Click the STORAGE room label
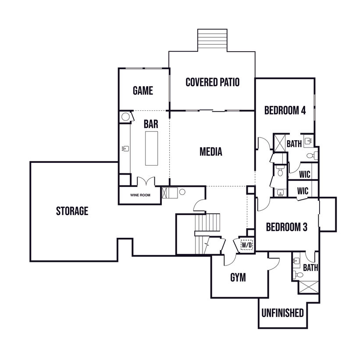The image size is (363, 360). click(72, 211)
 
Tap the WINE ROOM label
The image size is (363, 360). click(140, 195)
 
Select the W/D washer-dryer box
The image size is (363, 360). click(246, 245)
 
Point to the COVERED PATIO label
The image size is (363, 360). click(213, 82)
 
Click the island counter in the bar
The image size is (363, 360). click(151, 148)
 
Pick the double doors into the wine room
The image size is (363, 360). click(146, 181)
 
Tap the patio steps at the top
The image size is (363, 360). click(212, 40)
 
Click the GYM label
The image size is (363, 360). click(238, 278)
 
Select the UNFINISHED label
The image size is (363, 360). click(282, 313)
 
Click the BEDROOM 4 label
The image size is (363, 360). click(285, 110)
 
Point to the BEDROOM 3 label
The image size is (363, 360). click(287, 227)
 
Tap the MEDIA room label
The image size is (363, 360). click(211, 152)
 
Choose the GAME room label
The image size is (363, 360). click(143, 90)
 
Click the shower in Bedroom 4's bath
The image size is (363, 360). click(280, 143)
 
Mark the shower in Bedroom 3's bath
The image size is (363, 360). click(308, 287)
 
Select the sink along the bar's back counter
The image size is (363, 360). click(125, 148)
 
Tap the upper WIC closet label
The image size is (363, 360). click(304, 174)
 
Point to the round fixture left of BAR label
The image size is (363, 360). click(125, 117)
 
